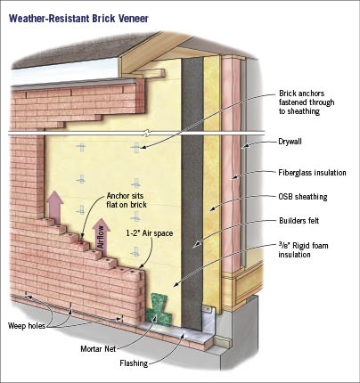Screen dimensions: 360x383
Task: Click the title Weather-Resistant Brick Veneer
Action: pyautogui.click(x=78, y=19)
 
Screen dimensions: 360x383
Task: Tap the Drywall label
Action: pyautogui.click(x=290, y=142)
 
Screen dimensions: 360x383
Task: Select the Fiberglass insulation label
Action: pyautogui.click(x=312, y=173)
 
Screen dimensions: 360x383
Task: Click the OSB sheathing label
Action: pyautogui.click(x=303, y=197)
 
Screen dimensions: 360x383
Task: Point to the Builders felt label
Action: pyautogui.click(x=299, y=221)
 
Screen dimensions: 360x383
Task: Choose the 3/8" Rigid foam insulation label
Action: pyautogui.click(x=303, y=249)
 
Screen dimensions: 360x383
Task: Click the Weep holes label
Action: pyautogui.click(x=27, y=326)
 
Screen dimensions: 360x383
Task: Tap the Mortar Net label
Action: pyautogui.click(x=98, y=348)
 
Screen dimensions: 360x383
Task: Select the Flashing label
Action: pyautogui.click(x=134, y=363)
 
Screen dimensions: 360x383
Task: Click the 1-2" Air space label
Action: pyautogui.click(x=150, y=233)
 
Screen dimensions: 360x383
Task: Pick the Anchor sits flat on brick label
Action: pyautogui.click(x=127, y=200)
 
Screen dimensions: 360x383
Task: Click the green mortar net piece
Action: pyautogui.click(x=159, y=309)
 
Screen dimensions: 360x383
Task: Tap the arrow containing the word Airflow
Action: pyautogui.click(x=101, y=236)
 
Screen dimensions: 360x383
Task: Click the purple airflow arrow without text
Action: pyautogui.click(x=55, y=206)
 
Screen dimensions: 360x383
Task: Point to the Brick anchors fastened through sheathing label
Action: pyautogui.click(x=307, y=102)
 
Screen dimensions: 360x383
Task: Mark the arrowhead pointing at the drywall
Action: pyautogui.click(x=244, y=146)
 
